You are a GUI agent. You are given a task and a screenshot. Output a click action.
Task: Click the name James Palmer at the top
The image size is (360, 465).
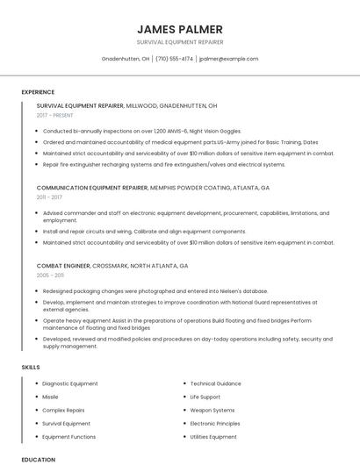tap(180, 29)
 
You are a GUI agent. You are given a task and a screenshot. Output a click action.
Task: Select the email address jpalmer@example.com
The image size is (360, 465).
tap(228, 59)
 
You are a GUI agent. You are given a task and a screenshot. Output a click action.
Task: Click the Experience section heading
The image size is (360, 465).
tap(38, 91)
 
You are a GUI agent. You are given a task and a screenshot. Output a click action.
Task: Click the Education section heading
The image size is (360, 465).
tap(38, 459)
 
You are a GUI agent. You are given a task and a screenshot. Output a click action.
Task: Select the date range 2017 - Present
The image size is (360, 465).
tap(55, 115)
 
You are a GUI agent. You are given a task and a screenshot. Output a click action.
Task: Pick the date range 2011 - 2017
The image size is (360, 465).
tap(49, 197)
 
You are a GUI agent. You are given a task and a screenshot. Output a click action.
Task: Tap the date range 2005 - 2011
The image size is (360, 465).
tap(50, 275)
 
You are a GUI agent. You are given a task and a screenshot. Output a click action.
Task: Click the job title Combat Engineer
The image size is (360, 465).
tap(64, 265)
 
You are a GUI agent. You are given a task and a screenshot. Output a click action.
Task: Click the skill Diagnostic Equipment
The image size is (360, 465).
tap(70, 383)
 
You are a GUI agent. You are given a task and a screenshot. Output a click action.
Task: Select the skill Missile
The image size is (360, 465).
tap(51, 397)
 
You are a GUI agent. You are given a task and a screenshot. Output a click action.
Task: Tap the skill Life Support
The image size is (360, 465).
tap(205, 397)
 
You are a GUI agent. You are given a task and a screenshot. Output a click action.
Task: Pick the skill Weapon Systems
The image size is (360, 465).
tap(212, 410)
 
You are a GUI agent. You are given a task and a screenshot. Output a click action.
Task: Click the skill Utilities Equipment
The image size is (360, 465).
tap(213, 436)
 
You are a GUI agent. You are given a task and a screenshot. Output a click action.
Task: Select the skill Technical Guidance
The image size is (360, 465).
tap(216, 383)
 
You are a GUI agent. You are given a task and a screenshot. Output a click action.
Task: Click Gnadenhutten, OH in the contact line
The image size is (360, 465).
tap(126, 59)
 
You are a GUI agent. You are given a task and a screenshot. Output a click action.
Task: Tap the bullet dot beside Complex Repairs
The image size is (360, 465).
tap(35, 410)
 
